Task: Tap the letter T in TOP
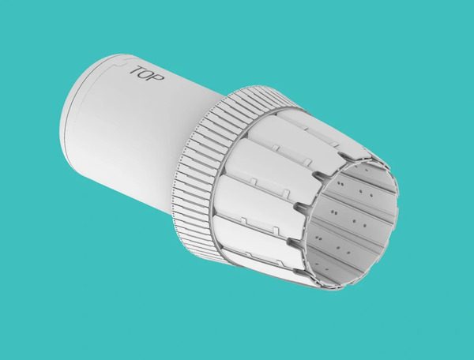[x=135, y=71]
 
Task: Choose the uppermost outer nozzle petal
[x=316, y=130]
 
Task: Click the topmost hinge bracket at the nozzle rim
[x=348, y=158]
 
